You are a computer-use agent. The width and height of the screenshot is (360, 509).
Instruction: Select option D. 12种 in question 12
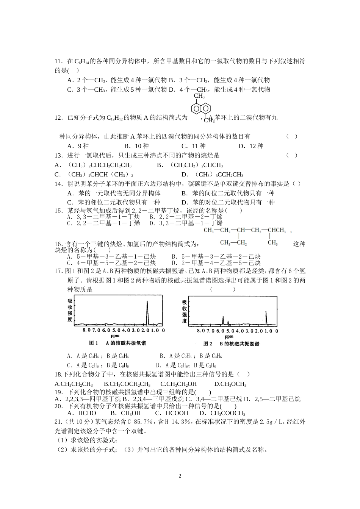click(x=250, y=146)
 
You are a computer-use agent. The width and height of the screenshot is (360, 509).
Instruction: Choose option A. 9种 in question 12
click(x=78, y=146)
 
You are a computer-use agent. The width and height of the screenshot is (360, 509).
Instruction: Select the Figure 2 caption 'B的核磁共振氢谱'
click(x=239, y=344)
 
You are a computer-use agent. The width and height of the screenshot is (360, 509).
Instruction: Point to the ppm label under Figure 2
click(x=229, y=336)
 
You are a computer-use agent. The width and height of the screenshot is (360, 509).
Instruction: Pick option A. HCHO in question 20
click(x=81, y=413)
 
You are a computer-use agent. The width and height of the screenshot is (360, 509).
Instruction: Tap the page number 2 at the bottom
click(x=180, y=476)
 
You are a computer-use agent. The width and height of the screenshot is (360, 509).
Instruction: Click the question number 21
click(x=59, y=422)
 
